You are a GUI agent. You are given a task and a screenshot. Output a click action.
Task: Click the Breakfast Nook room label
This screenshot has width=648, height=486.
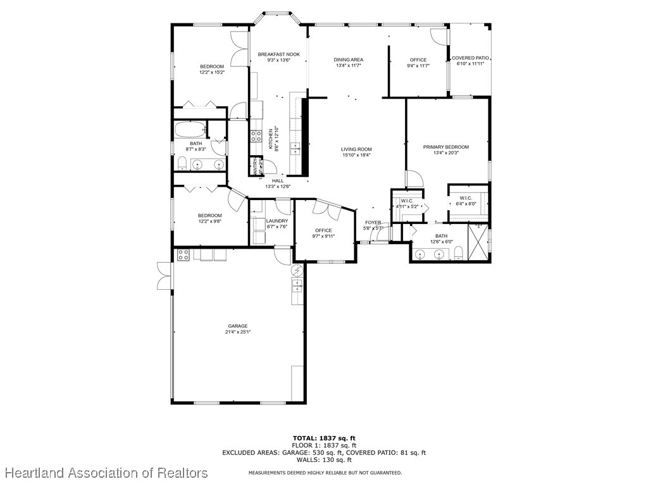(278, 54)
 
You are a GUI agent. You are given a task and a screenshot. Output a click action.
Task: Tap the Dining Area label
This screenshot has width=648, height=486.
(349, 60)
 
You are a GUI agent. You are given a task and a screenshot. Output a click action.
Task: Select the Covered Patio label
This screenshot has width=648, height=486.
(471, 58)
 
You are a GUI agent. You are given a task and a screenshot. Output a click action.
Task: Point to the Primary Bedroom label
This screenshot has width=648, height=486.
(446, 147)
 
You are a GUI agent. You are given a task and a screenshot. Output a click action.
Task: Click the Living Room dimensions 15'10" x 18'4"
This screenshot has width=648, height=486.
(356, 155)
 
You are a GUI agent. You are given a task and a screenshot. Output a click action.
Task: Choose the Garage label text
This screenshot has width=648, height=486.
(239, 327)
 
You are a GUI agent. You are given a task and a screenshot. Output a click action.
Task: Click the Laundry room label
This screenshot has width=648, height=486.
(277, 221)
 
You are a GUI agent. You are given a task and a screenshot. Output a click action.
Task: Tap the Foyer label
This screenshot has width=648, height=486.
(373, 223)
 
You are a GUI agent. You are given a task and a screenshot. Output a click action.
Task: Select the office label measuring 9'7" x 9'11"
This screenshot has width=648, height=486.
(324, 230)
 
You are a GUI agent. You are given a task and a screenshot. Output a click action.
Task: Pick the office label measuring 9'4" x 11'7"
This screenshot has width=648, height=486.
(418, 60)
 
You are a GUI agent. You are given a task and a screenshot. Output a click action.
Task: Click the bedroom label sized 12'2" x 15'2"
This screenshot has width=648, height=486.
(212, 67)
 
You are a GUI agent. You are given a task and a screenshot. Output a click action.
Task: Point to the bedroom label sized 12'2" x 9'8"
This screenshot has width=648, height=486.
(209, 216)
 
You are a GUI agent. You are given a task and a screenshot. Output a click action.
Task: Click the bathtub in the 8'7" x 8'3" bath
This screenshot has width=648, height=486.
(190, 130)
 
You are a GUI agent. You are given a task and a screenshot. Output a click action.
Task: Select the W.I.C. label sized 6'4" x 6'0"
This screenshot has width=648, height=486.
(466, 198)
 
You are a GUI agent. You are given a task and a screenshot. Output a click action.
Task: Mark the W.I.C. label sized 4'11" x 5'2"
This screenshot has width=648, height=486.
(407, 201)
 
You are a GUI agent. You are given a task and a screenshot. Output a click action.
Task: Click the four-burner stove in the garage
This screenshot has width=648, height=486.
(184, 255)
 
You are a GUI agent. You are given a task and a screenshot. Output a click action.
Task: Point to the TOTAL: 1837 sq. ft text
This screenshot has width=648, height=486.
(324, 438)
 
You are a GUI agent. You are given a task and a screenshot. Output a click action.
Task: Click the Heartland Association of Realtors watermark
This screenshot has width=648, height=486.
(106, 473)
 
